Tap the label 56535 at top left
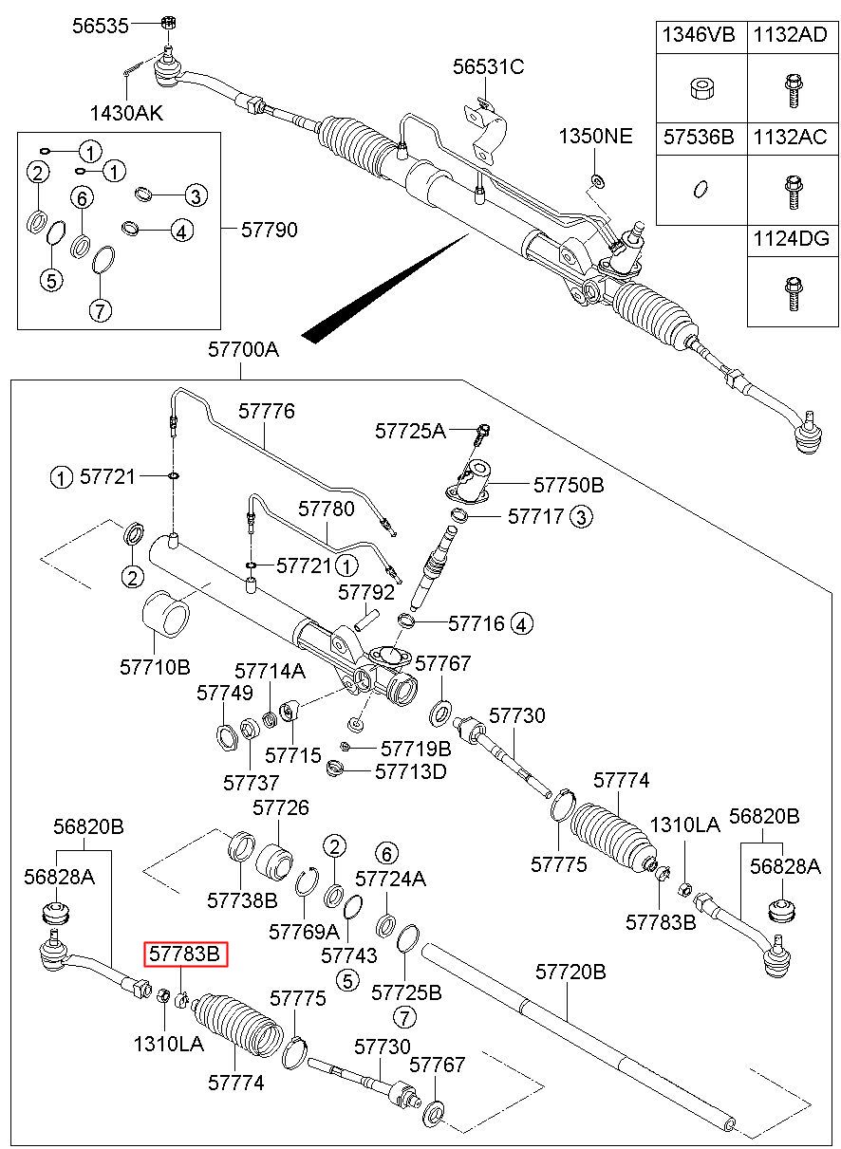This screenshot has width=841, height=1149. coord(100,26)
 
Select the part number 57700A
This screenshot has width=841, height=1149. coord(244,349)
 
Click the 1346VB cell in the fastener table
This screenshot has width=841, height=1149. coord(699,36)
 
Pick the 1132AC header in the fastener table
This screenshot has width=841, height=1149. coord(790,137)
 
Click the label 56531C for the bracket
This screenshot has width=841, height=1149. coord(488,66)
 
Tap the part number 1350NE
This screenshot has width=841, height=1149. coord(594,136)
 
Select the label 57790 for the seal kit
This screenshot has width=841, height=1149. coord(269,230)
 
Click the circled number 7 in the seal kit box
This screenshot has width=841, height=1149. coord(101,310)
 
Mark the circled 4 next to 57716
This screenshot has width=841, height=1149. coord(522,624)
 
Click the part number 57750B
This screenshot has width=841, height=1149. coord(568,485)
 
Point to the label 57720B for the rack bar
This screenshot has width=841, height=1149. coord(570,972)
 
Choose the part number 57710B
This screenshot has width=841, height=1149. coord(155,667)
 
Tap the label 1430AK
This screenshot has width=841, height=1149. coord(126,114)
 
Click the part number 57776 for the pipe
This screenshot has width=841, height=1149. coord(267,411)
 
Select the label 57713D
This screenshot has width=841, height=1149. coord(410,770)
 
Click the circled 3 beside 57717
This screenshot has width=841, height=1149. coord(581,517)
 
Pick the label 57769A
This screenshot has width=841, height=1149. coord(304,931)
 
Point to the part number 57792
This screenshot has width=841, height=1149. coord(366,592)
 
